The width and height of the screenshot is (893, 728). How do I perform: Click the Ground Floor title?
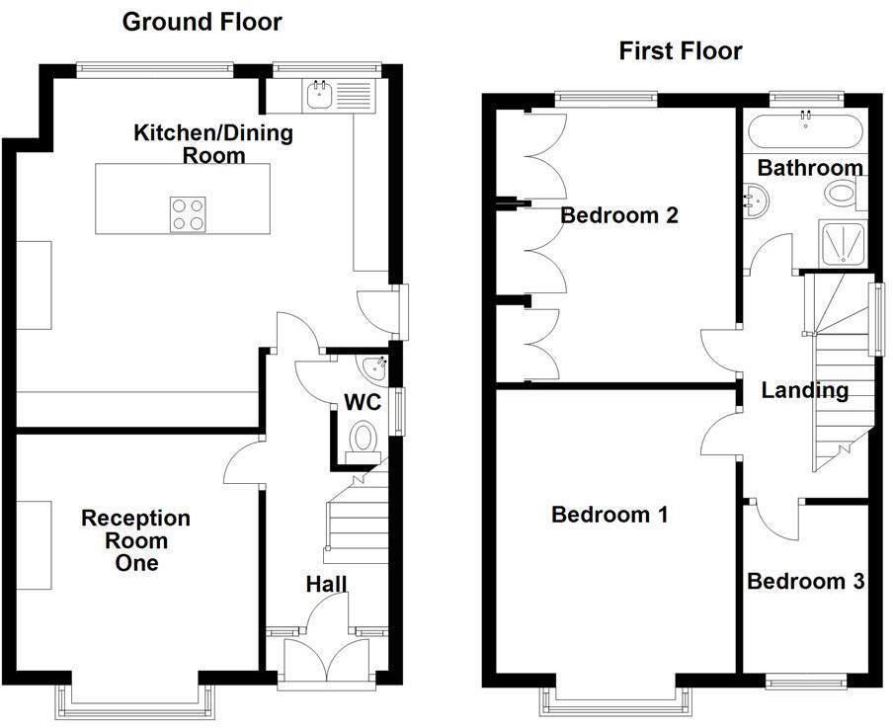tap(202, 22)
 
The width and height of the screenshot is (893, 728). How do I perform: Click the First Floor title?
tap(680, 51)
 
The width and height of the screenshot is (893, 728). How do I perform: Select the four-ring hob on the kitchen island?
tap(189, 213)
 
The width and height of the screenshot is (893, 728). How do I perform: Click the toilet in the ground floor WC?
tap(364, 438)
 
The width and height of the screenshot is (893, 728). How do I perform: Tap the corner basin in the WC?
tap(375, 369)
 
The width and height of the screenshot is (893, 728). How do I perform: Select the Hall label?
tap(325, 585)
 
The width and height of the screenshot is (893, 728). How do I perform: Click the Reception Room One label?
tap(135, 540)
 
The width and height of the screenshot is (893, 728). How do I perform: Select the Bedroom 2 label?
tap(618, 215)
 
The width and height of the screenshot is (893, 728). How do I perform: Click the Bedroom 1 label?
tap(609, 515)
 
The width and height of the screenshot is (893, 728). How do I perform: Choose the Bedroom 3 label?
tap(805, 582)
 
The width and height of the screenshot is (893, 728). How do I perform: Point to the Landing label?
tap(804, 391)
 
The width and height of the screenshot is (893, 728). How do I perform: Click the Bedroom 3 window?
tap(806, 682)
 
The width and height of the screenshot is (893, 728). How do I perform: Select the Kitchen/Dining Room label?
tap(213, 143)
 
